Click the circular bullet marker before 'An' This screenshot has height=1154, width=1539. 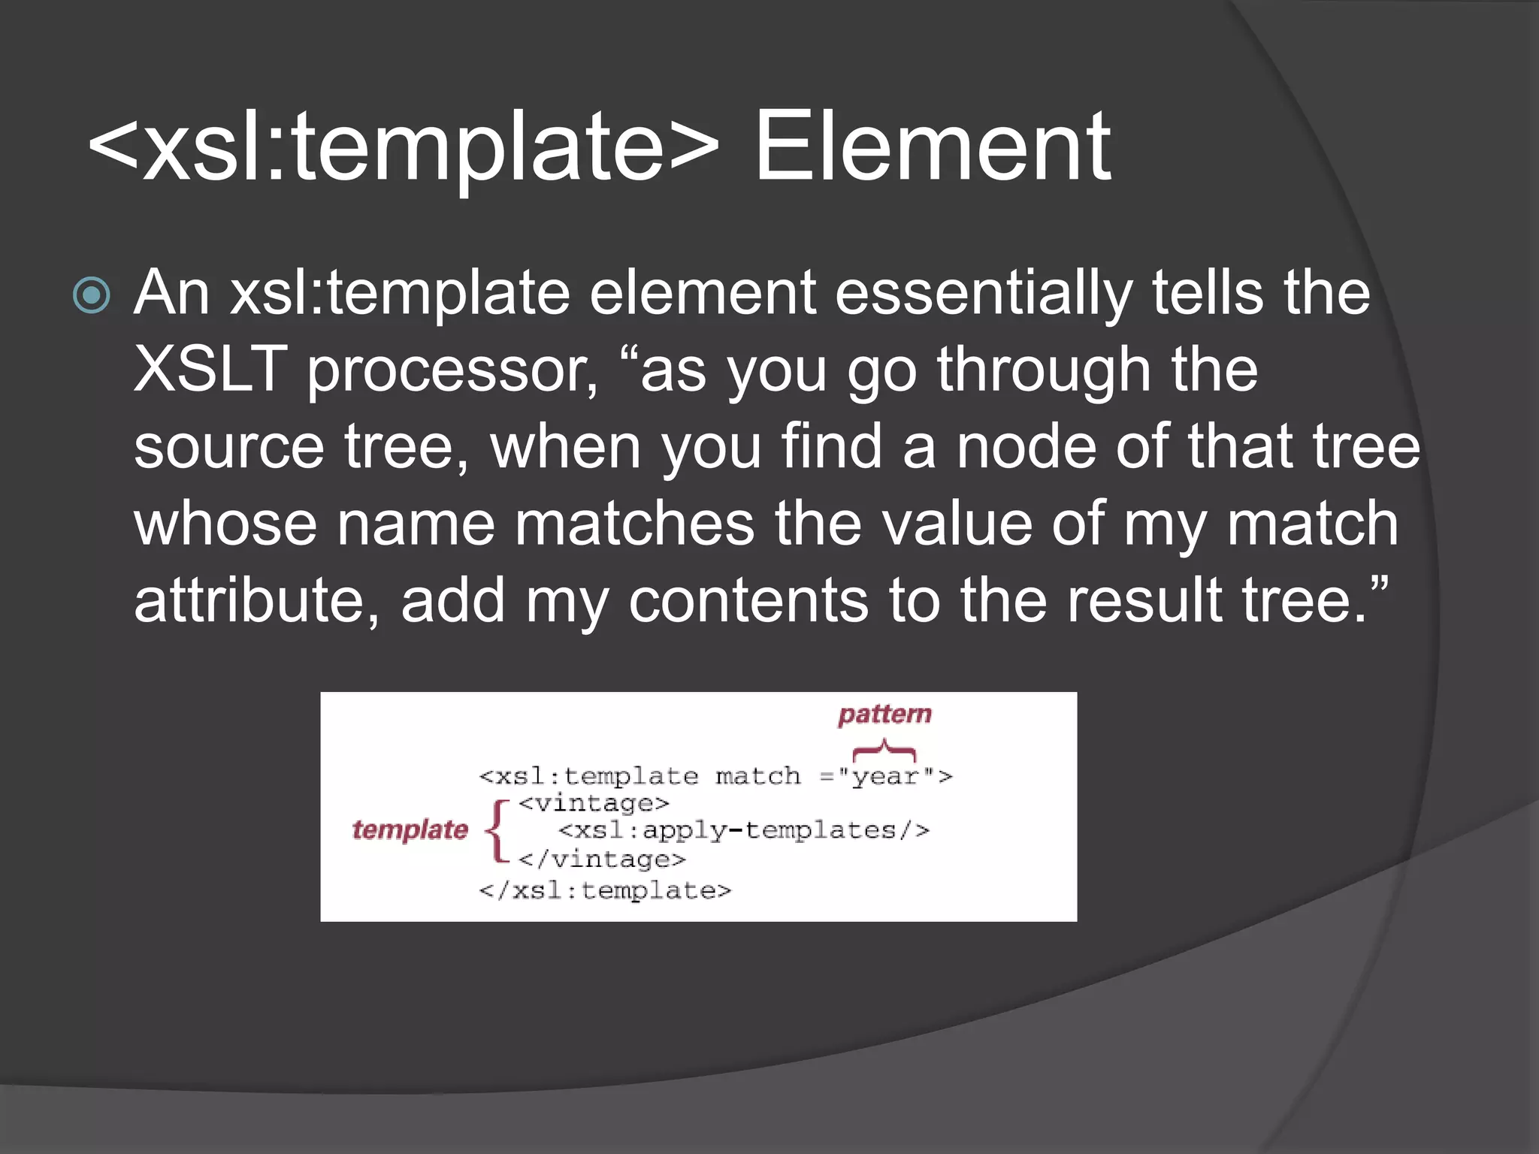pos(92,295)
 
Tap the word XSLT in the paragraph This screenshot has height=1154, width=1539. pos(210,370)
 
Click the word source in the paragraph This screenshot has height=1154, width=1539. pos(229,448)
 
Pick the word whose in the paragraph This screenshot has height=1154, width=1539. pos(225,524)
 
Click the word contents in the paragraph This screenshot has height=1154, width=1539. pos(748,601)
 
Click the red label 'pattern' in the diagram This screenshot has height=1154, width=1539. pos(884,714)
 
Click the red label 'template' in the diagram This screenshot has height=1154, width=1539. pos(410,830)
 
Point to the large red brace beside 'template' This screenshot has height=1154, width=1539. pos(497,830)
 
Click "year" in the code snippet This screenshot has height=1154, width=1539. pos(885,776)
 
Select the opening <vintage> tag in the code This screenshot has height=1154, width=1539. pos(593,804)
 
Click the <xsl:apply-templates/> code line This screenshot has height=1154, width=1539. pos(744,831)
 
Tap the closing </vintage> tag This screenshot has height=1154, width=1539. pos(601,859)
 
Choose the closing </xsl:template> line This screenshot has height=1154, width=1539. pos(605,891)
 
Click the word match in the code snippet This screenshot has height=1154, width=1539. pos(757,776)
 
